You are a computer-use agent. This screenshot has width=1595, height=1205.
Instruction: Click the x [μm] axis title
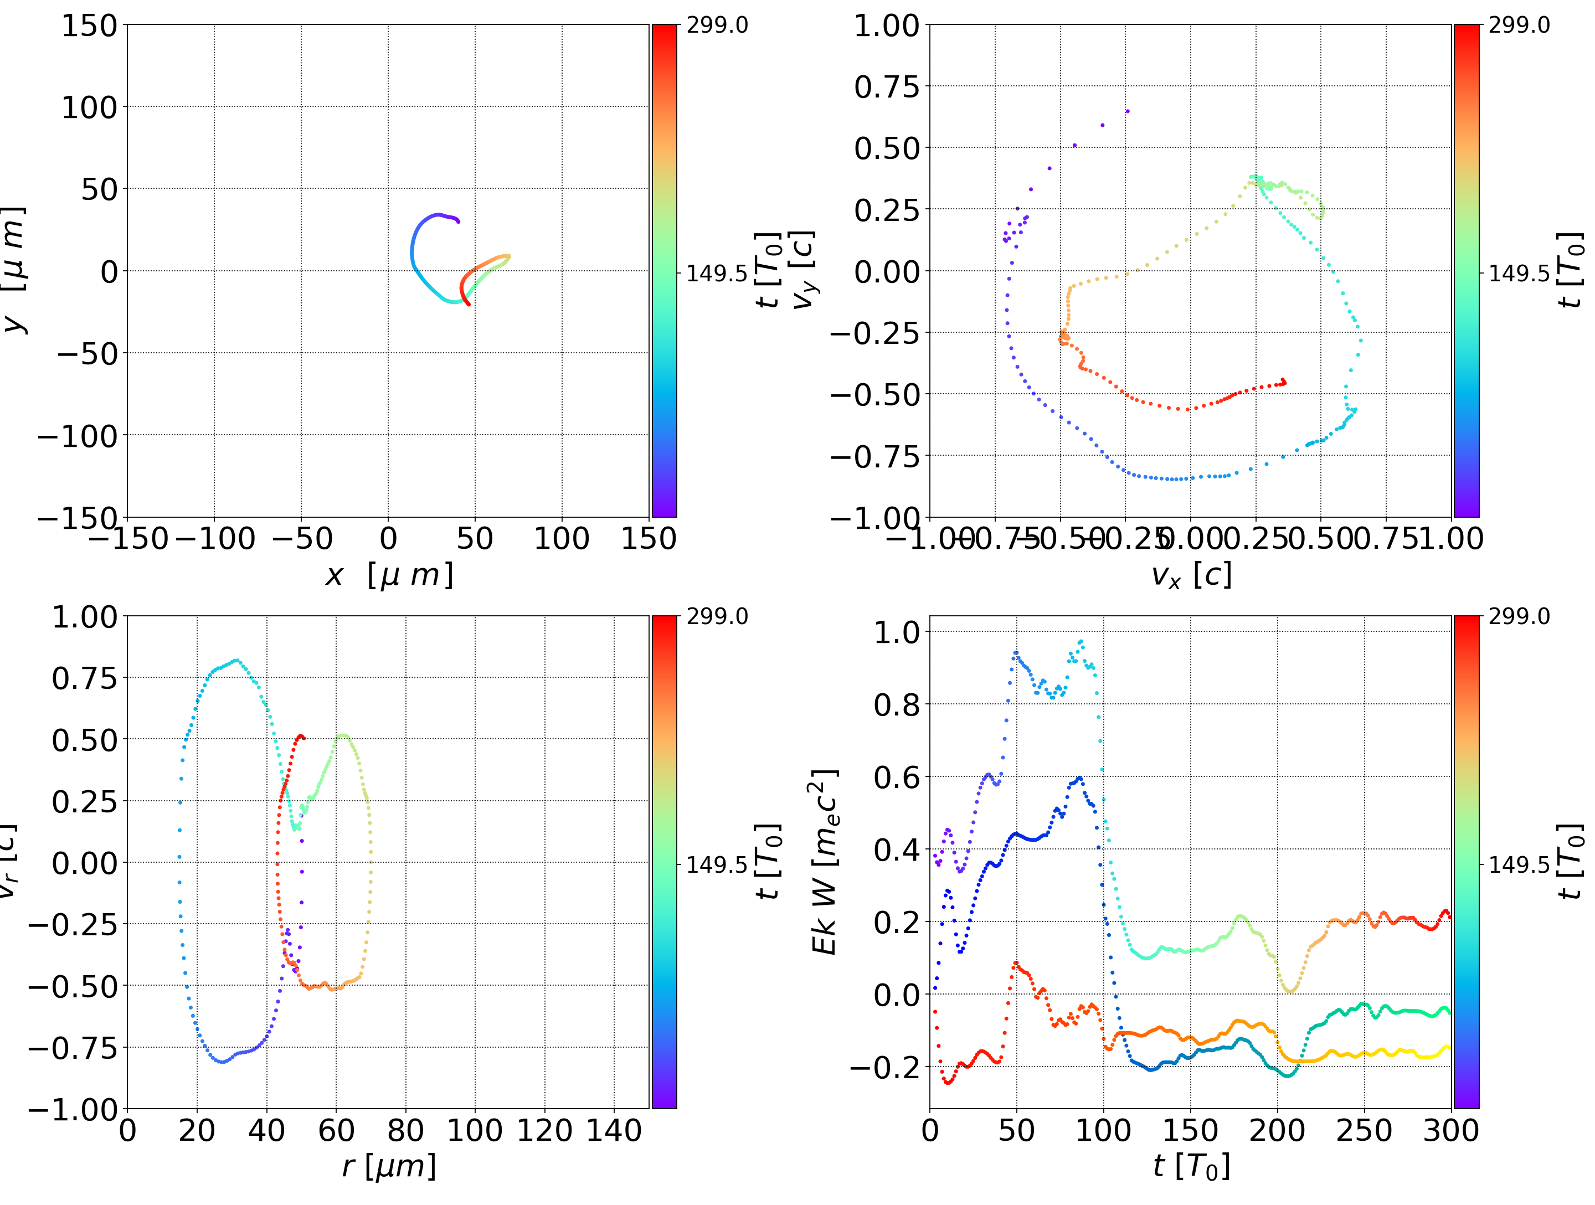(389, 575)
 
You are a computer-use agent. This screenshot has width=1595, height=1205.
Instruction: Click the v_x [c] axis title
(1191, 575)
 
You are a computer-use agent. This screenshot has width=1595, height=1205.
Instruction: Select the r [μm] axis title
(389, 1166)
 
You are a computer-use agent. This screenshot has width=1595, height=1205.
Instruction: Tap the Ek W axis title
(824, 862)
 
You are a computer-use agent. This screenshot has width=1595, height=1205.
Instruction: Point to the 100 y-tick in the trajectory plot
(89, 107)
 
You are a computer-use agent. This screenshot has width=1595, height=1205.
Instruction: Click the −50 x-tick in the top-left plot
(301, 539)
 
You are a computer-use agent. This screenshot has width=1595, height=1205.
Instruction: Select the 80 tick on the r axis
(405, 1130)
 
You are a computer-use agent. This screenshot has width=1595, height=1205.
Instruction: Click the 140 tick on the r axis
(614, 1130)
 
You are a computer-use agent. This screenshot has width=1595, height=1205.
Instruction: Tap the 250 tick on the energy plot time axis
(1364, 1130)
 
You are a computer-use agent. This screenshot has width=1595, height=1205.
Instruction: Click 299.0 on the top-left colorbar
(717, 25)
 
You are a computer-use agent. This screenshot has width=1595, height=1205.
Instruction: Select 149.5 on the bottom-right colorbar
(1519, 864)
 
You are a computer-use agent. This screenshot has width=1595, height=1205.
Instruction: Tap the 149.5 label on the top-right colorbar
(1519, 274)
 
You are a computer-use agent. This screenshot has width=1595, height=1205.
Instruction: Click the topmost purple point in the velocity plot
(1127, 111)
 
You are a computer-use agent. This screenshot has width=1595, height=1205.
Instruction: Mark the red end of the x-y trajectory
(469, 305)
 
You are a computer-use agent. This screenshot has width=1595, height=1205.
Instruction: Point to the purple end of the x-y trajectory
(458, 220)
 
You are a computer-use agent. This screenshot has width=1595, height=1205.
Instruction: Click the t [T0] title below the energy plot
(1191, 1166)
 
